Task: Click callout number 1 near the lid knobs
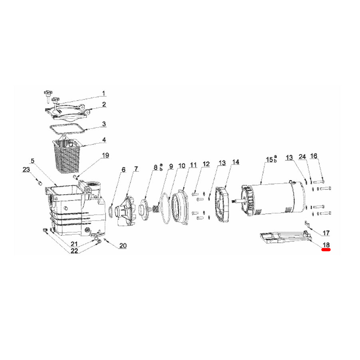click(103, 93)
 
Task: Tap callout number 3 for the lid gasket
click(104, 124)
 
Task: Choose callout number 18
click(326, 245)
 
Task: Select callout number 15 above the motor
click(269, 159)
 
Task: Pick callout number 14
click(236, 162)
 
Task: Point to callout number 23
click(26, 170)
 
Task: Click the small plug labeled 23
click(40, 183)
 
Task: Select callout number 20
click(123, 245)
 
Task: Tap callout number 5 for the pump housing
click(33, 161)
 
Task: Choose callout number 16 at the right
click(314, 156)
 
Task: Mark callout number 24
click(303, 156)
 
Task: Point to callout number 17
click(326, 233)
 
